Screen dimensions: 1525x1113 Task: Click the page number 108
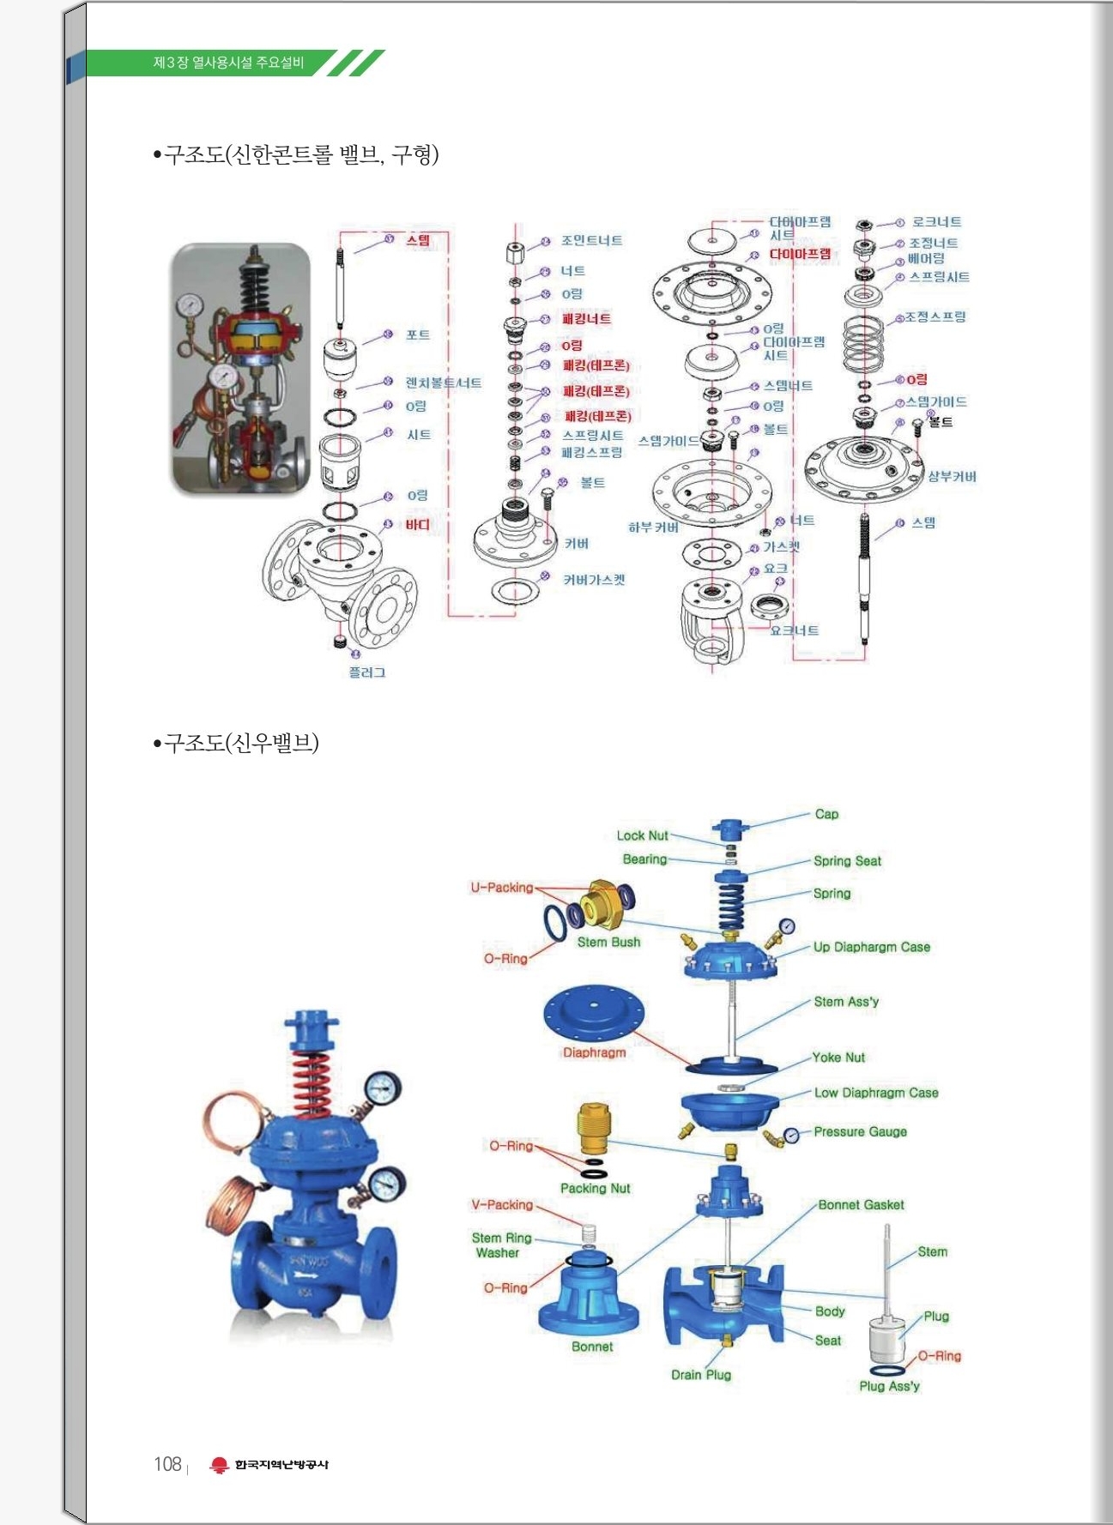[167, 1464]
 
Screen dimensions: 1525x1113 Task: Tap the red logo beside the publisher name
[220, 1465]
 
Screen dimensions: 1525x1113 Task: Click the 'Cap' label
[826, 814]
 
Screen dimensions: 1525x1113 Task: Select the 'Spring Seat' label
[847, 861]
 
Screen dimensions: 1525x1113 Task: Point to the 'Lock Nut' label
[642, 835]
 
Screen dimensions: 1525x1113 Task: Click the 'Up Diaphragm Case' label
[871, 947]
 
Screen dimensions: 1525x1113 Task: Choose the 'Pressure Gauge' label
[860, 1131]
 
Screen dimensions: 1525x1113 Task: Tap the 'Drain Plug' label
[701, 1375]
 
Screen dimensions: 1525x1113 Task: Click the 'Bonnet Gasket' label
[861, 1205]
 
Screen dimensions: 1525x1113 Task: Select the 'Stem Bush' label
[608, 942]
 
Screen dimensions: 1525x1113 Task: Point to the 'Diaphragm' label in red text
[594, 1052]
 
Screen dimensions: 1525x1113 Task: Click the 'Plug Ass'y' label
[889, 1386]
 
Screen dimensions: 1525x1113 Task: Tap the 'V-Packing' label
[502, 1205]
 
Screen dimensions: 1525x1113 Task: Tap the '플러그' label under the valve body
[366, 672]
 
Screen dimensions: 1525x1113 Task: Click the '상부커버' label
[952, 477]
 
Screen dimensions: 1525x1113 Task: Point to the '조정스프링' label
[935, 316]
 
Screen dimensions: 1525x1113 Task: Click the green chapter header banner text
[228, 63]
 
